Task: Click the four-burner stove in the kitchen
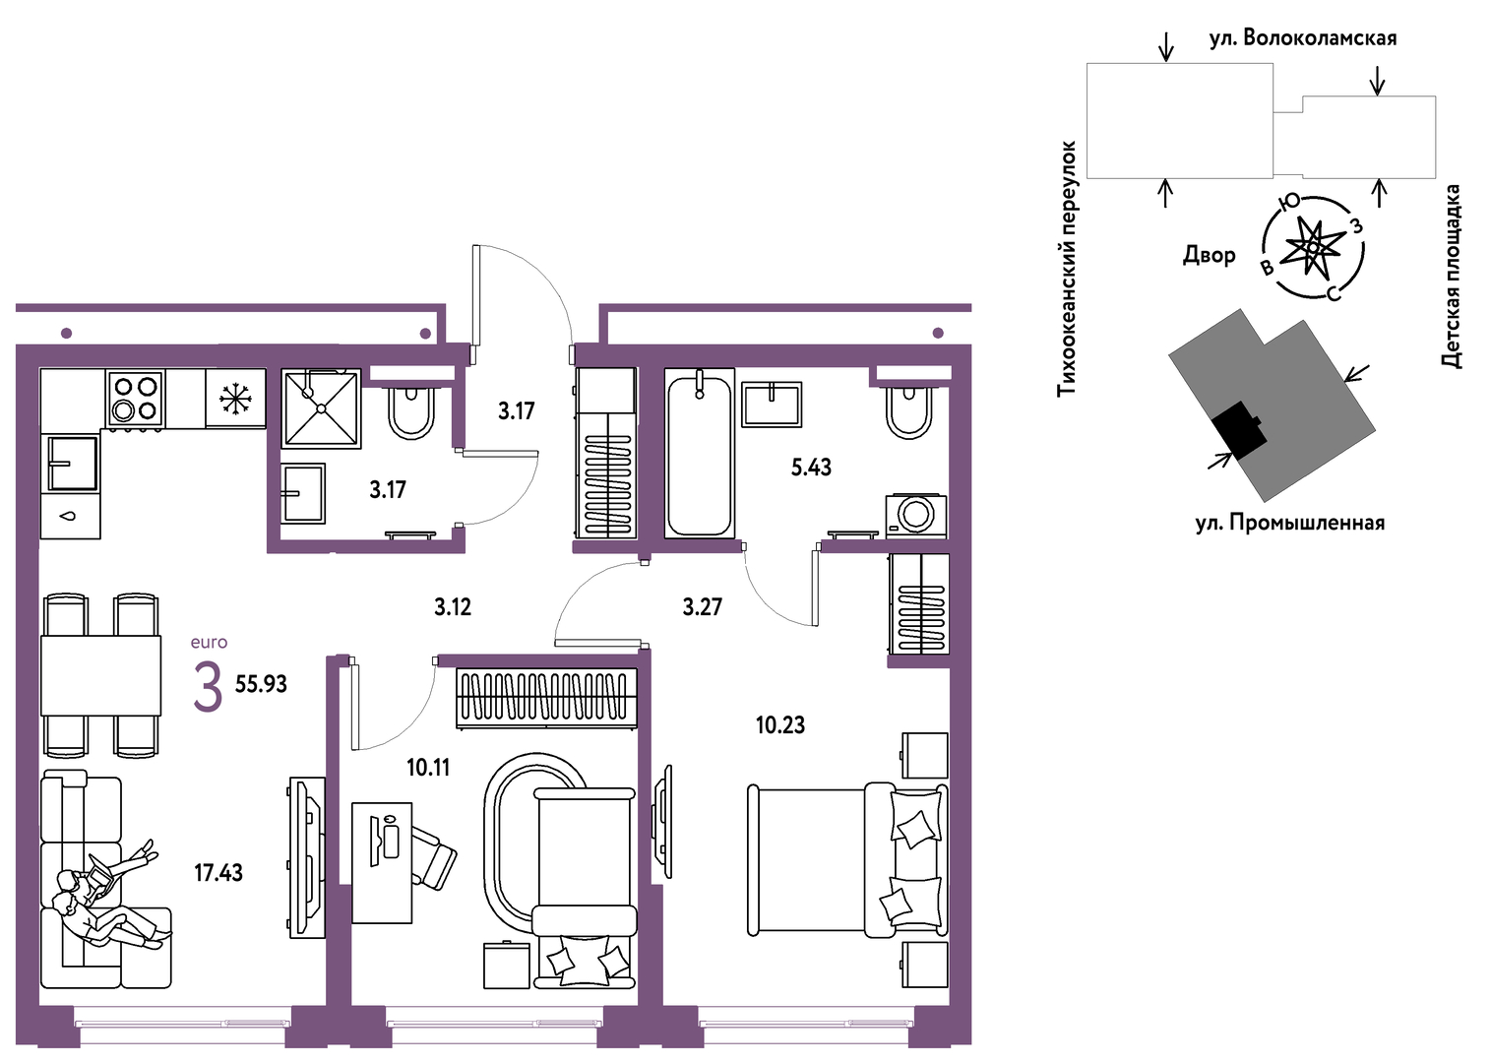tap(135, 399)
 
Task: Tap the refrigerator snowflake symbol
tap(235, 399)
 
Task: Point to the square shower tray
tap(322, 408)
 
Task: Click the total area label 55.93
tap(261, 684)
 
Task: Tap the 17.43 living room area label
tap(218, 873)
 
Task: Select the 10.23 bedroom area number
tap(780, 724)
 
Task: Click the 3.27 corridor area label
tap(703, 607)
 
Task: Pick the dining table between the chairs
tap(101, 675)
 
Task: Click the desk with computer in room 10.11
tap(382, 862)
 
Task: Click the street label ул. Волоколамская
tap(1303, 38)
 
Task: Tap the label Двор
tap(1209, 255)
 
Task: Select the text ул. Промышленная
tap(1290, 524)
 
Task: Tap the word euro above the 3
tap(209, 643)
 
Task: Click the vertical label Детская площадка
tap(1451, 277)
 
